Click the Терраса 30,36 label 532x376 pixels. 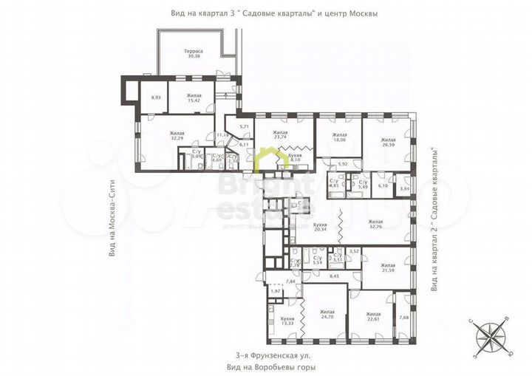(x=194, y=53)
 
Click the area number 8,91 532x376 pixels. (x=156, y=97)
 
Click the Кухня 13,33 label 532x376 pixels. (x=287, y=321)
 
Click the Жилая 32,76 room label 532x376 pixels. (x=376, y=224)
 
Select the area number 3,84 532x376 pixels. (x=403, y=190)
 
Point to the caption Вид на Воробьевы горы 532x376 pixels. (x=265, y=366)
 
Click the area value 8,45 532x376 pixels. (x=333, y=276)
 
